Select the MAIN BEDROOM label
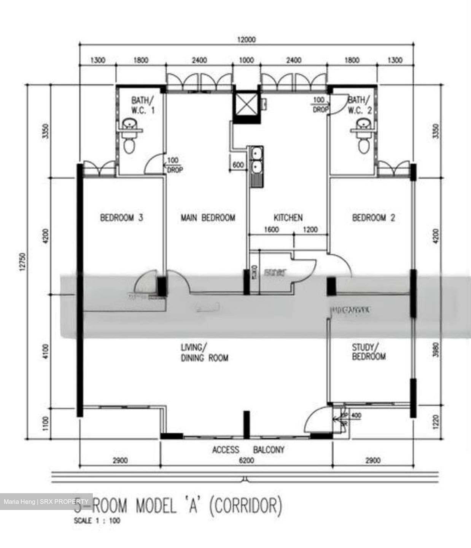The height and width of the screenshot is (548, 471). [x=208, y=218]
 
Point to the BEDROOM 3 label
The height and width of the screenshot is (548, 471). [x=122, y=218]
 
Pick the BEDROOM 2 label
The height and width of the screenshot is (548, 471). [x=373, y=218]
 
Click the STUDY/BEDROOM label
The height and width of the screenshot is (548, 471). [x=368, y=352]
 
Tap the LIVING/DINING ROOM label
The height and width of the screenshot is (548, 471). [x=204, y=352]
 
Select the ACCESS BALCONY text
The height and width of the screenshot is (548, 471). [x=248, y=450]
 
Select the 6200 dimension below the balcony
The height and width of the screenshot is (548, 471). [x=247, y=461]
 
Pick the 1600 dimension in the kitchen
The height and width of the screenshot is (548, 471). [x=271, y=229]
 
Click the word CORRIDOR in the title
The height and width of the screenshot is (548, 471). [x=246, y=506]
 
